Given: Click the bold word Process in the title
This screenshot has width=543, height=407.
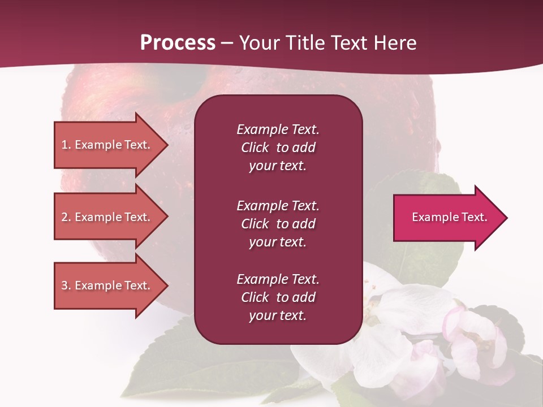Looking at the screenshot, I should (x=178, y=43).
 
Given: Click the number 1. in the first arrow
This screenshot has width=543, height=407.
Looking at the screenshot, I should (x=66, y=145).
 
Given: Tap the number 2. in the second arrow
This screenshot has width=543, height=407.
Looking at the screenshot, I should (x=66, y=217).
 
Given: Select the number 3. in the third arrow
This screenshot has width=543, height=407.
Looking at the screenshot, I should (x=66, y=285).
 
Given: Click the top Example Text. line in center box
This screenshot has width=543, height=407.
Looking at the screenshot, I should (x=278, y=129).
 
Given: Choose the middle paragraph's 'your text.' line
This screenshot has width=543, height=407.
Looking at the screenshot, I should (x=278, y=242).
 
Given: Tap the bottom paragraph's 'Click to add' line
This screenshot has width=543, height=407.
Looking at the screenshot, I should (x=278, y=297).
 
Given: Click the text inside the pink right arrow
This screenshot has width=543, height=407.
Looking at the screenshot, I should (x=450, y=217).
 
